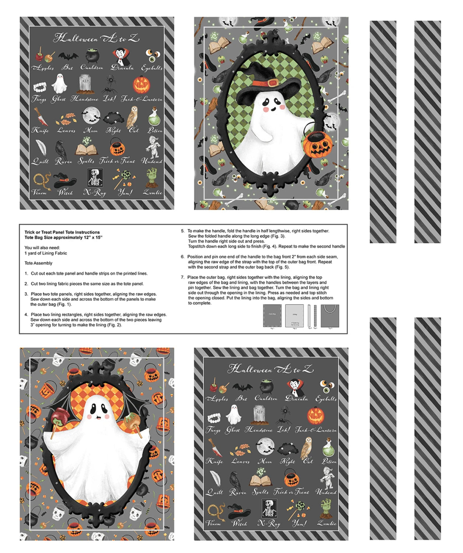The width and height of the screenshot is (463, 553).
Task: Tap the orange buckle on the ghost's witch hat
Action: pyautogui.click(x=273, y=82)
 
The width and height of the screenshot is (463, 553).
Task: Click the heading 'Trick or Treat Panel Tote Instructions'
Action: pyautogui.click(x=62, y=232)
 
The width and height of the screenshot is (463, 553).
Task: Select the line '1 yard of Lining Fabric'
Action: pyautogui.click(x=46, y=253)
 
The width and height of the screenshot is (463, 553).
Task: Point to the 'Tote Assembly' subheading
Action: pyautogui.click(x=38, y=263)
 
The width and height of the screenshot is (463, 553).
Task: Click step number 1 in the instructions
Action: pyautogui.click(x=26, y=274)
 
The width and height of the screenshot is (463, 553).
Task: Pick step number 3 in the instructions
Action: pyautogui.click(x=26, y=294)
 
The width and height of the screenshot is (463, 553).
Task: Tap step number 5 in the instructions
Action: pyautogui.click(x=182, y=231)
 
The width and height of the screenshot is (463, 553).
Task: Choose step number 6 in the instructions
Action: pyautogui.click(x=182, y=257)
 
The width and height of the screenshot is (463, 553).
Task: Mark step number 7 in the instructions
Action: pyautogui.click(x=182, y=278)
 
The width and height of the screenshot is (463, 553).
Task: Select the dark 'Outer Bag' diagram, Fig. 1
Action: pyautogui.click(x=272, y=315)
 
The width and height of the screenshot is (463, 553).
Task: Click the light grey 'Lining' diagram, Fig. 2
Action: pyautogui.click(x=295, y=315)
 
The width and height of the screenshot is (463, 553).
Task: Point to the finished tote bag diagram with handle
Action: pyautogui.click(x=330, y=316)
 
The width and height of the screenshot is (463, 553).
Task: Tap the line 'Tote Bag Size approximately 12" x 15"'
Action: pyautogui.click(x=63, y=238)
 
